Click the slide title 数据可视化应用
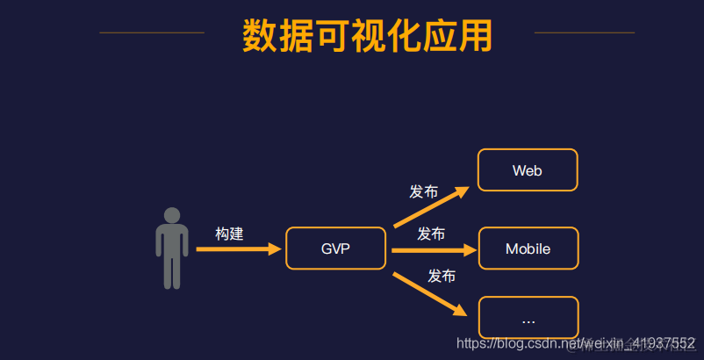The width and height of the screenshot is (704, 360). pyautogui.click(x=368, y=35)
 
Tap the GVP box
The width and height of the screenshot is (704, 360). pyautogui.click(x=335, y=248)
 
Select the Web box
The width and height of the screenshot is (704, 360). pyautogui.click(x=527, y=170)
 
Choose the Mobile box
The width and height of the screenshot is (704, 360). pyautogui.click(x=528, y=248)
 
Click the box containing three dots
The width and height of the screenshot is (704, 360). pyautogui.click(x=528, y=318)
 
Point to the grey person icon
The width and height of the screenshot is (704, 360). pyautogui.click(x=172, y=250)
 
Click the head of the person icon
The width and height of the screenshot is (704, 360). pyautogui.click(x=172, y=215)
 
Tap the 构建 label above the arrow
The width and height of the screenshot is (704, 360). pyautogui.click(x=229, y=234)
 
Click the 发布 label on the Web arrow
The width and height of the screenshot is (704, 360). pyautogui.click(x=423, y=191)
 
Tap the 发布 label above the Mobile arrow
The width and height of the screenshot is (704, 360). pyautogui.click(x=431, y=234)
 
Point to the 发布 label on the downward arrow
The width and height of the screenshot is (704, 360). pyautogui.click(x=442, y=276)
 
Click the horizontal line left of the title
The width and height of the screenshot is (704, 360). pyautogui.click(x=152, y=33)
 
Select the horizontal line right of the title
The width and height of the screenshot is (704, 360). pyautogui.click(x=584, y=33)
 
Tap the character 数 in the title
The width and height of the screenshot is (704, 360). pyautogui.click(x=260, y=35)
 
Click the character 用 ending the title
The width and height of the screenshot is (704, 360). pyautogui.click(x=475, y=35)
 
